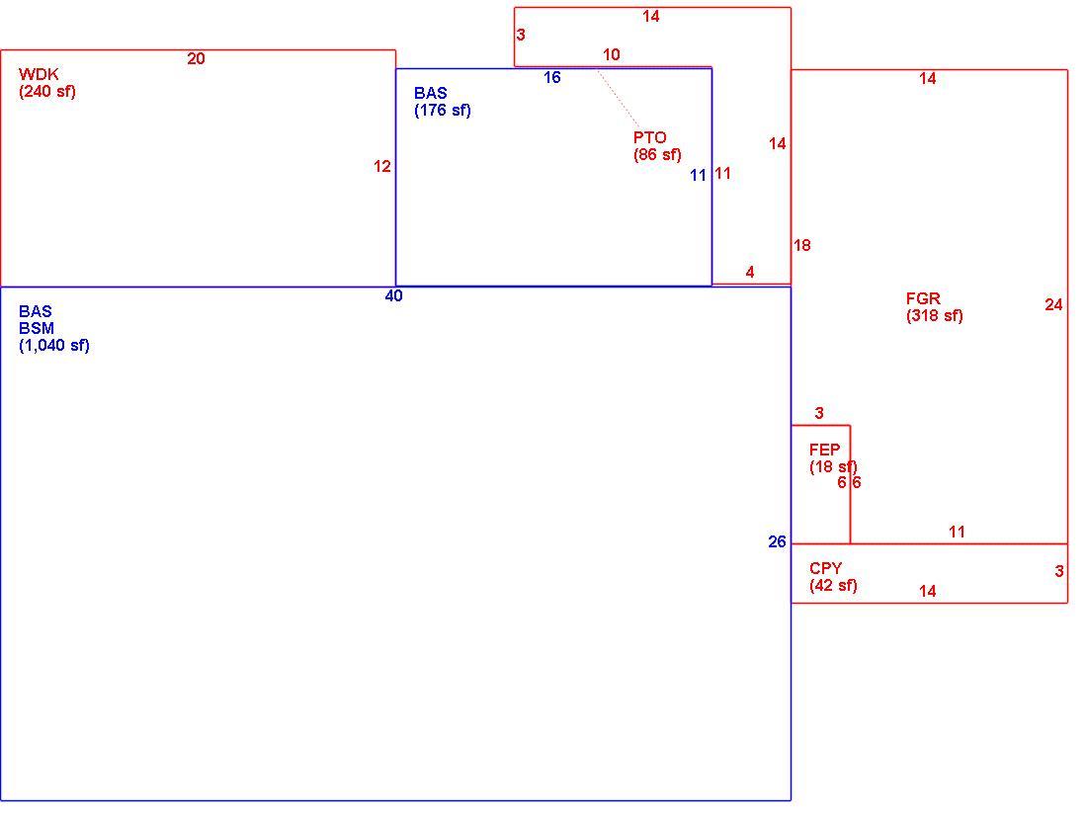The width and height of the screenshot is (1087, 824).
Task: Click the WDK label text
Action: pyautogui.click(x=39, y=74)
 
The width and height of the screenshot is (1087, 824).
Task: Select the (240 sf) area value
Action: pyautogui.click(x=47, y=92)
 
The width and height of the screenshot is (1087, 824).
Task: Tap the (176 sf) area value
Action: pyautogui.click(x=443, y=111)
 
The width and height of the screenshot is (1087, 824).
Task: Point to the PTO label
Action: pyautogui.click(x=649, y=137)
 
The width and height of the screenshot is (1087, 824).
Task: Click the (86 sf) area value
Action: pyautogui.click(x=657, y=154)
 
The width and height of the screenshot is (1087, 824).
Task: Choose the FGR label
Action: pyautogui.click(x=923, y=298)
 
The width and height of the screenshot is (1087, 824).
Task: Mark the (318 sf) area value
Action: pyautogui.click(x=935, y=316)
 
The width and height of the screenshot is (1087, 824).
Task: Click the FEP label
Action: pyautogui.click(x=824, y=450)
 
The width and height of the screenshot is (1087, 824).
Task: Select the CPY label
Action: pyautogui.click(x=826, y=568)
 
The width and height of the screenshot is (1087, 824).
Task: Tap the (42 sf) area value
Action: pyautogui.click(x=833, y=586)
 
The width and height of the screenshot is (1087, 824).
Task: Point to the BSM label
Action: pyautogui.click(x=37, y=328)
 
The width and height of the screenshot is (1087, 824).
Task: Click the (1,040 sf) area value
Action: pyautogui.click(x=54, y=346)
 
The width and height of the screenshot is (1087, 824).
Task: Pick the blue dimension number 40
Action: pyautogui.click(x=393, y=296)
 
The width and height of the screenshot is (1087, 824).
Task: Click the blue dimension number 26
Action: pyautogui.click(x=777, y=542)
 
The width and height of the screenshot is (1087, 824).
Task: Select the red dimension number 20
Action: pyautogui.click(x=197, y=59)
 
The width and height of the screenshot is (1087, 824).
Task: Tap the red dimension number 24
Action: pyautogui.click(x=1053, y=305)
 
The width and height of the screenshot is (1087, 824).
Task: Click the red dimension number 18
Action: pyautogui.click(x=802, y=245)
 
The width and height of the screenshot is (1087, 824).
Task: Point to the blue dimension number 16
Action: pyautogui.click(x=551, y=78)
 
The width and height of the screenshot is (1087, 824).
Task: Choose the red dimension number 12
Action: pyautogui.click(x=382, y=166)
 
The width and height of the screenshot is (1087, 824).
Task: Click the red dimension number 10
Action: pyautogui.click(x=612, y=54)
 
